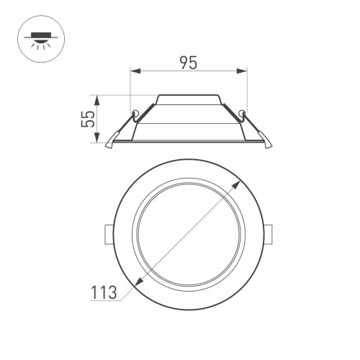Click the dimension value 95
point(188,63)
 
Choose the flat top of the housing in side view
point(188,95)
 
